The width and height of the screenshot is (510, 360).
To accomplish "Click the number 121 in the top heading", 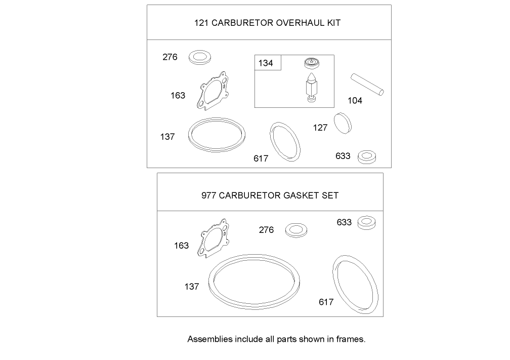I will [x=201, y=23].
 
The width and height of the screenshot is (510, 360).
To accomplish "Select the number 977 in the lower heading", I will [x=208, y=195].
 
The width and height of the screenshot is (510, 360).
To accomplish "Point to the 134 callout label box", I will [x=266, y=63].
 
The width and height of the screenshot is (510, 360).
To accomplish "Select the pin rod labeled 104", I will [x=368, y=85].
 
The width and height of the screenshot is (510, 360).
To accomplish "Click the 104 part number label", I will [x=355, y=101].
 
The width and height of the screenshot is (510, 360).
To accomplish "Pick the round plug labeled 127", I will [x=343, y=124].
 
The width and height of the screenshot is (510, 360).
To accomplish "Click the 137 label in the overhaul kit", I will [x=167, y=137].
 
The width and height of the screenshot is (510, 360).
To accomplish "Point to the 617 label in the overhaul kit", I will [x=261, y=158].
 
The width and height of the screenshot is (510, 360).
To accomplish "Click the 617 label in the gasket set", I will [x=326, y=302].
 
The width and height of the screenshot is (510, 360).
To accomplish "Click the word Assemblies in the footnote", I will [x=209, y=339].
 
